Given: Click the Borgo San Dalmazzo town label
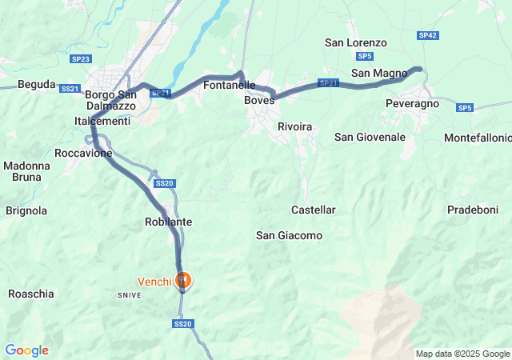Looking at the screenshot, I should click(x=112, y=100).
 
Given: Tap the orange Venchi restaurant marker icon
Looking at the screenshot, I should click(x=184, y=280).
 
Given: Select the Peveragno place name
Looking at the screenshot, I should click(x=412, y=105).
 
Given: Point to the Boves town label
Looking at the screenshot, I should click(x=259, y=100).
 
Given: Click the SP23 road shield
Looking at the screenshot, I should click(x=81, y=59).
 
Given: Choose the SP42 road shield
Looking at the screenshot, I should click(x=428, y=36).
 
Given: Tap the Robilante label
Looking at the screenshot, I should click(x=168, y=221).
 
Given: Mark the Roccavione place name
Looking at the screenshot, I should click(x=83, y=153).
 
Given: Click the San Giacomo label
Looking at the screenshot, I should click(x=289, y=235).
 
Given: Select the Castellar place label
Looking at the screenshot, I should click(x=314, y=210).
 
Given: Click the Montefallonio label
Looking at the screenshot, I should click(x=478, y=138).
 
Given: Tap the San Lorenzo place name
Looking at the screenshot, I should click(x=356, y=42).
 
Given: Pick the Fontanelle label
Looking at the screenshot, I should click(x=230, y=85).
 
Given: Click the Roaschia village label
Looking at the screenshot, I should click(x=31, y=294).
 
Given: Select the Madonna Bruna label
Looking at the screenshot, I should click(x=26, y=173).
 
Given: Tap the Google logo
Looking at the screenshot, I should click(x=26, y=350).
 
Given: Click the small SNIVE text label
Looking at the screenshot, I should click(x=130, y=295).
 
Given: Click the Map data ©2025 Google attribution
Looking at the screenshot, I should click(x=462, y=354).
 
